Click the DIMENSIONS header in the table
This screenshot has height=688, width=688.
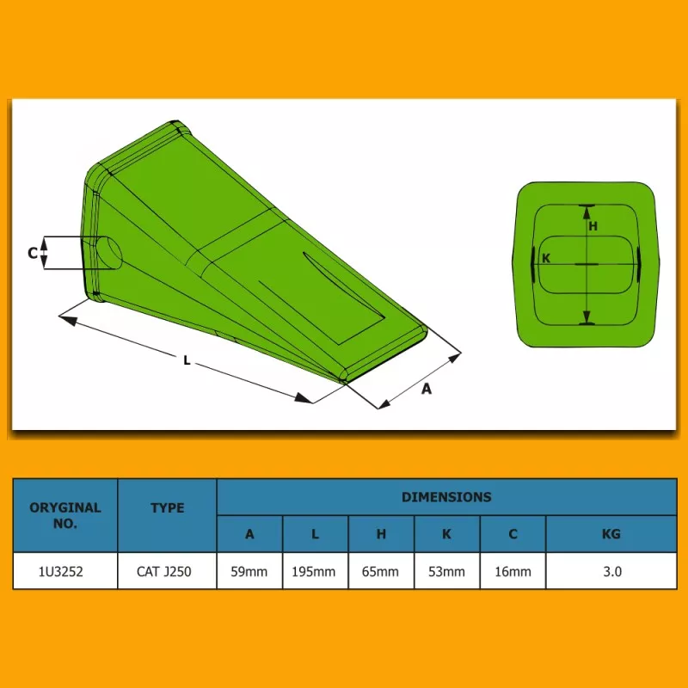coord(446,497)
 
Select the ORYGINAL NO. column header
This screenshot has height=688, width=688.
coord(65,515)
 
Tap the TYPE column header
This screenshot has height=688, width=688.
coord(167,508)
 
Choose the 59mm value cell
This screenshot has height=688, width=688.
coord(249,572)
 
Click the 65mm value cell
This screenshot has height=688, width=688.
coord(380,572)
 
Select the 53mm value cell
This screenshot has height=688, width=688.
coord(446,572)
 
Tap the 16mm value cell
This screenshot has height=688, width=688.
coord(513,572)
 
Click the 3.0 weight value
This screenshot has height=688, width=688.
coord(612,572)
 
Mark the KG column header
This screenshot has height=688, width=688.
coord(611,534)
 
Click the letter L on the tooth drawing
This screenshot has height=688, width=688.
coord(187,360)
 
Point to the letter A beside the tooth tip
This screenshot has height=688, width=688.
coord(426,389)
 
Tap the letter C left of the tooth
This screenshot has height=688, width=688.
coord(33,253)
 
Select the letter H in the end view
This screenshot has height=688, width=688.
coord(593,226)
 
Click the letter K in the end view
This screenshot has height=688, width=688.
coord(546,259)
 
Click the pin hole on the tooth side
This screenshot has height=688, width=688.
coord(108,253)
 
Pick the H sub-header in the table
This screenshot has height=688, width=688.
coord(381,534)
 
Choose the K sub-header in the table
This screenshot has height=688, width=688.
coord(446,534)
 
